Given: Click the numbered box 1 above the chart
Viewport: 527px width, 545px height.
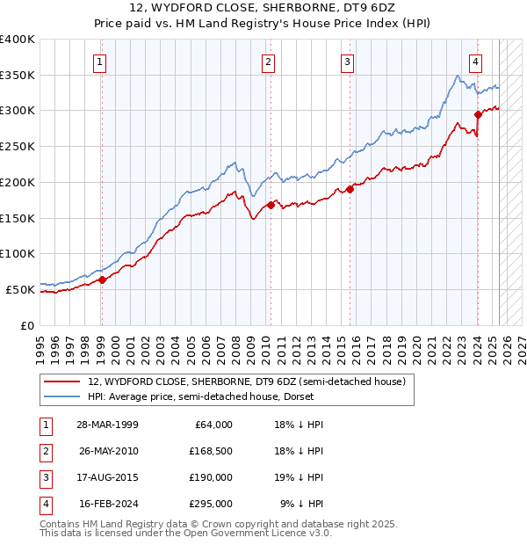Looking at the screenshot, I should [101, 62].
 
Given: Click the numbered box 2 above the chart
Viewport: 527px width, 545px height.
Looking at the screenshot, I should [267, 62].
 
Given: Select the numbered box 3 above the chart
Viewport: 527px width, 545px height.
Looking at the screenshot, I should [348, 62].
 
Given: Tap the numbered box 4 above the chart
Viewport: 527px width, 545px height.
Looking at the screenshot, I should [475, 62].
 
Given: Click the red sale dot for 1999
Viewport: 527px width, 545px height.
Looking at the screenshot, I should [102, 280].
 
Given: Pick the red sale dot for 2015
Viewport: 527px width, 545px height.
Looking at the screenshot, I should [349, 189].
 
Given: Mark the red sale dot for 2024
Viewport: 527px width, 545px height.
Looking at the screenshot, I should [478, 113].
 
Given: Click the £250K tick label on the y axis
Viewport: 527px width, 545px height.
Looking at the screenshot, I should [18, 146].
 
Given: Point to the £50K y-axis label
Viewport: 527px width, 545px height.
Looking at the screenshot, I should [20, 289].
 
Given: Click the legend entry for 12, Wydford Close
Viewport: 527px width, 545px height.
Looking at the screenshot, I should [246, 381].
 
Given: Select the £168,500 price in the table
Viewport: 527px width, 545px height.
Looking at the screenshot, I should [209, 451].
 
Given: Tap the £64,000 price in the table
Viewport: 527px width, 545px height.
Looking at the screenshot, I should [212, 425].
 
